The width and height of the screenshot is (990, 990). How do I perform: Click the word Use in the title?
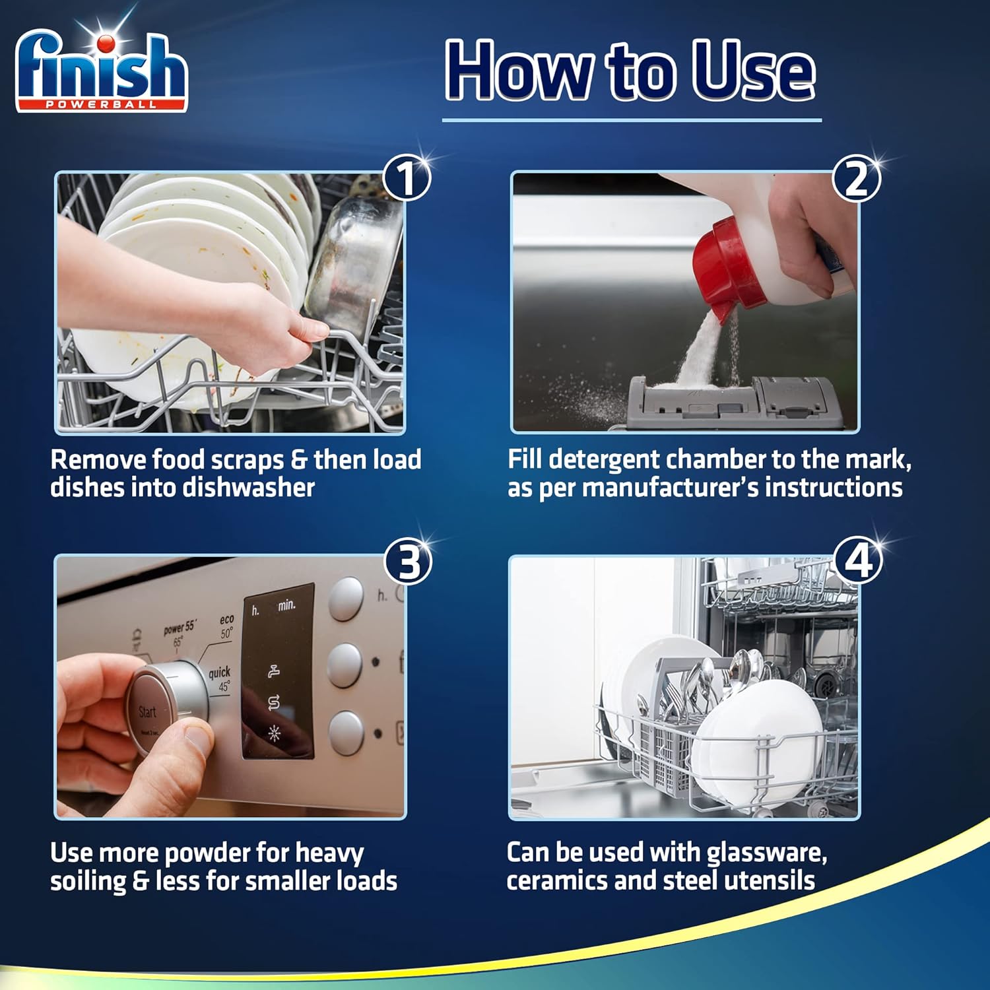(752, 71)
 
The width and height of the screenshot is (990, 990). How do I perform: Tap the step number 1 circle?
(407, 178)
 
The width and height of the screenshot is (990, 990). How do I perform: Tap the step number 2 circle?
(856, 179)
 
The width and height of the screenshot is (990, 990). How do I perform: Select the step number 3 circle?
(409, 562)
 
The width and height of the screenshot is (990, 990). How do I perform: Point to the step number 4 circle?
(858, 562)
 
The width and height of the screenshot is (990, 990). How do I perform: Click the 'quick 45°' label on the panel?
(220, 678)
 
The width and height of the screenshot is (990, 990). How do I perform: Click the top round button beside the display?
(346, 599)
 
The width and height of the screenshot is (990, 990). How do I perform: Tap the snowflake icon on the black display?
(274, 733)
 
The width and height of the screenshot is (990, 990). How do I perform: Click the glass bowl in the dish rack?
(353, 264)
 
